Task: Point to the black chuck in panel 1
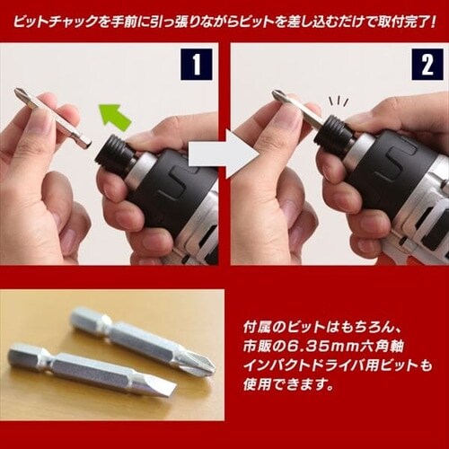tap(113, 154)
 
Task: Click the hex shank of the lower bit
tap(30, 357)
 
